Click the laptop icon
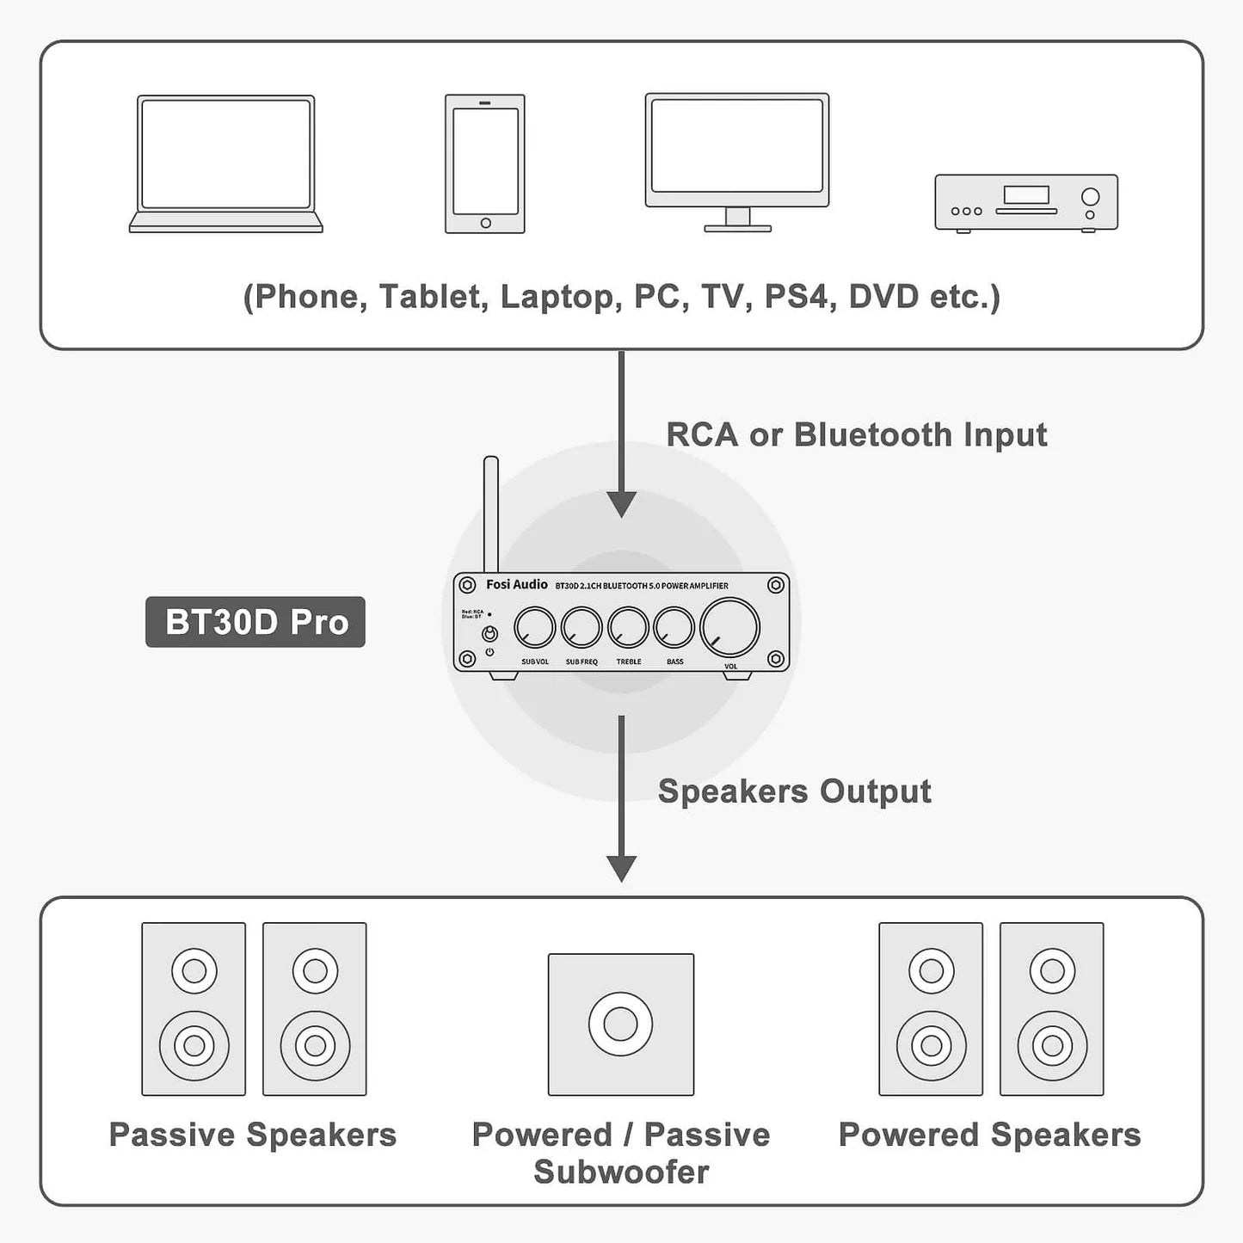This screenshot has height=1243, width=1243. click(225, 163)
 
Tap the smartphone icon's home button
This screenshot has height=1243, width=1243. click(485, 223)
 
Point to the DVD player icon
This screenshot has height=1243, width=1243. click(1026, 203)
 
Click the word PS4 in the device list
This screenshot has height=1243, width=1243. click(796, 297)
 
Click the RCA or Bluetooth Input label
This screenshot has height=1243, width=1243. click(856, 434)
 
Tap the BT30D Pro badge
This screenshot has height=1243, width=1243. click(255, 622)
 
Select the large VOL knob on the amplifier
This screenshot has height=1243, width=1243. click(730, 628)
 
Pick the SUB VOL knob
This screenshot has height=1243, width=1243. click(535, 628)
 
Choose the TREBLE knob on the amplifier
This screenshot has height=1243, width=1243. click(628, 628)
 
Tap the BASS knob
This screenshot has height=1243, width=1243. click(674, 628)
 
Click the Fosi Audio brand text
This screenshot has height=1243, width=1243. click(516, 585)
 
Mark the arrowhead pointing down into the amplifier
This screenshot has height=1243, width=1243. click(621, 504)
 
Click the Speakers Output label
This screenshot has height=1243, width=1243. click(794, 791)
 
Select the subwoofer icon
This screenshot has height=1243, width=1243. click(621, 1024)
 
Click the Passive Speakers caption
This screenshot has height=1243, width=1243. click(253, 1135)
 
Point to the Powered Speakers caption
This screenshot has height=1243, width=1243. click(989, 1135)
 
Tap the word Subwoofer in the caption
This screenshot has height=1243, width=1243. click(621, 1172)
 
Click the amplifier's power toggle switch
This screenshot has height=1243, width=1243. click(489, 635)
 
